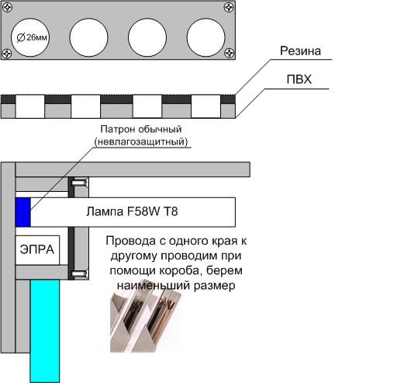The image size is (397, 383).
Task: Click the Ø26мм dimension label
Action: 32,37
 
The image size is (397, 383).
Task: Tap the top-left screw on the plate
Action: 7,8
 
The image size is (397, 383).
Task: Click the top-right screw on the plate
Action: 229,7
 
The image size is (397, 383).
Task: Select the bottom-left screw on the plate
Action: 7,53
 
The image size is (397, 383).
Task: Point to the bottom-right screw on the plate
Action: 230,53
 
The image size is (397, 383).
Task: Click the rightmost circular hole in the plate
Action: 205,37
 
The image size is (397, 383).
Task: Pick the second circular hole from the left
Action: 88,37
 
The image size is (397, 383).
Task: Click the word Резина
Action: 300,51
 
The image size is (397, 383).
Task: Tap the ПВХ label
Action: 299,79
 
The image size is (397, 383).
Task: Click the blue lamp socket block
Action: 23,212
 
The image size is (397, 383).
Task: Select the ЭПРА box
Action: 37,250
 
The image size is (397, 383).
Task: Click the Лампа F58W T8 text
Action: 132,211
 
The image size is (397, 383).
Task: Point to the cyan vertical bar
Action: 45,331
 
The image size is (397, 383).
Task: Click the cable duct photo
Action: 146,315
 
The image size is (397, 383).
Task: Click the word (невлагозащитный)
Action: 141,141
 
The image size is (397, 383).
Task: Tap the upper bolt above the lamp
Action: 79,183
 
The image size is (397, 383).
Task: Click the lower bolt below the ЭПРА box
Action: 79,273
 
